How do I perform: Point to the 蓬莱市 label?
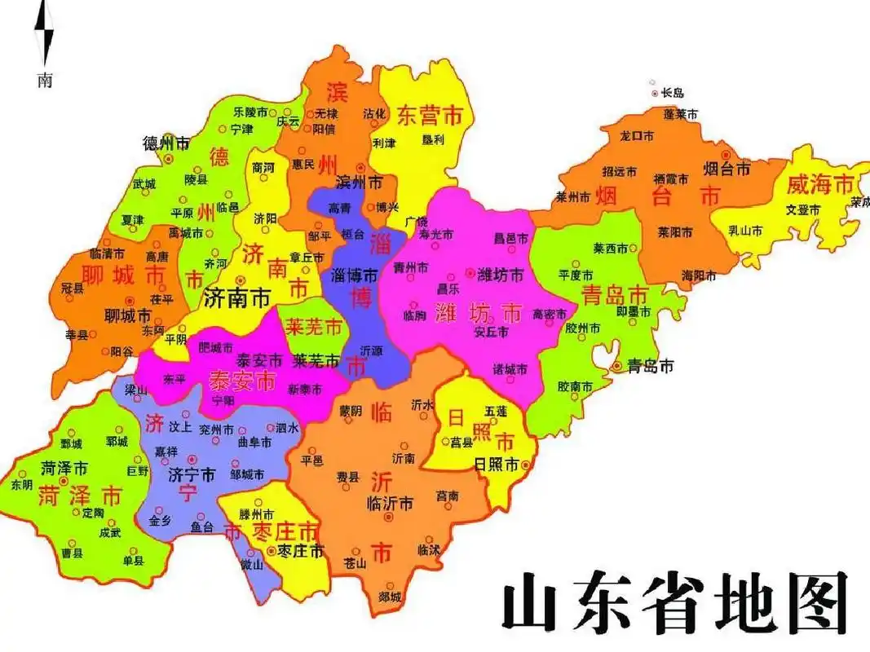(x=681, y=115)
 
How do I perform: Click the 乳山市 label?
(x=746, y=231)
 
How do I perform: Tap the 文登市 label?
(x=802, y=209)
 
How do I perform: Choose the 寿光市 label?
(x=435, y=235)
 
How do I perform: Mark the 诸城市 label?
(x=510, y=369)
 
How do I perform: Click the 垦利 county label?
(x=433, y=139)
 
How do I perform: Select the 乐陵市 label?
(x=250, y=112)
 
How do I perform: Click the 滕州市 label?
(x=255, y=515)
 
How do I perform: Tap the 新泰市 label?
(x=305, y=389)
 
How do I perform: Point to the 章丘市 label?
(x=307, y=257)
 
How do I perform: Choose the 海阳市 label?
(x=699, y=275)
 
